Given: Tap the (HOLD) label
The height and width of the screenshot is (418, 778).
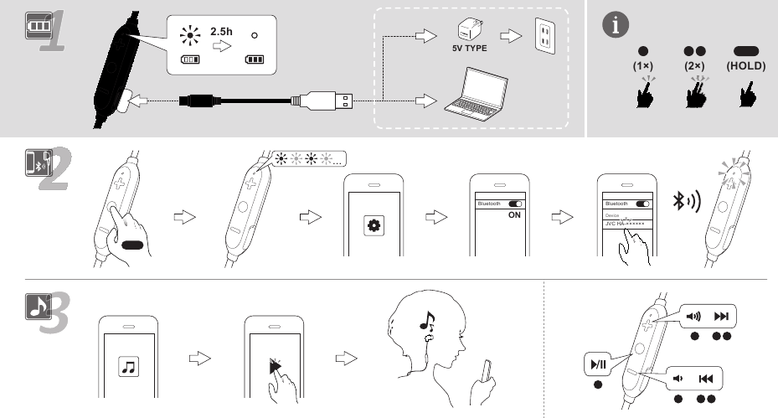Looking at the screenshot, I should [743, 65].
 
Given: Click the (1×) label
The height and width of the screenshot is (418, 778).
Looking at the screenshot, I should [643, 65].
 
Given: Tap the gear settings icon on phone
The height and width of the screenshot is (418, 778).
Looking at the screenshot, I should [373, 224].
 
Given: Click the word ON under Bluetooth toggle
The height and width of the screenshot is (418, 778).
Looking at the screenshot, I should [515, 214].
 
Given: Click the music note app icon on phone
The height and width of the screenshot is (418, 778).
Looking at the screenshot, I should [129, 366].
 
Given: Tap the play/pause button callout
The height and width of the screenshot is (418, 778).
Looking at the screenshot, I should [597, 365].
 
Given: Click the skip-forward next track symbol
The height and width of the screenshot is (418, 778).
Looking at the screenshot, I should [721, 317].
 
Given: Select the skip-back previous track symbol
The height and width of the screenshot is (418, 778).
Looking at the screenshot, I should [705, 379].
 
